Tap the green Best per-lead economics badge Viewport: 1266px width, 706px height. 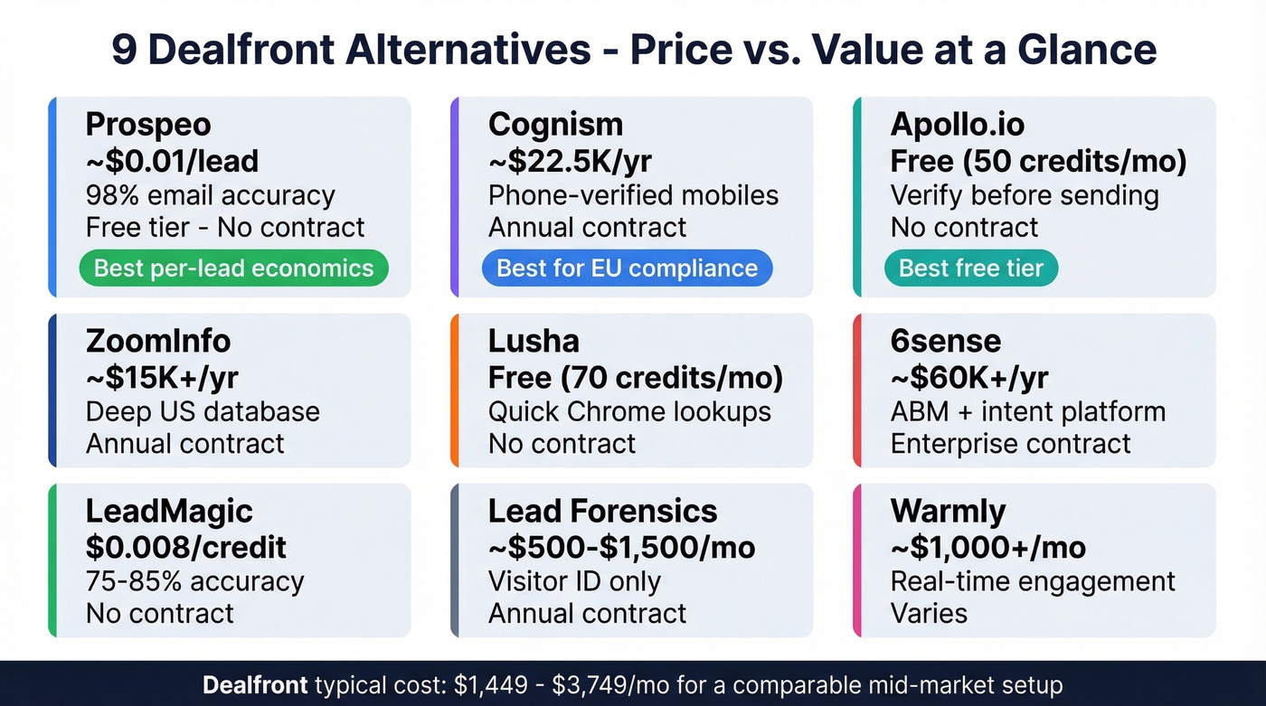pyautogui.click(x=233, y=268)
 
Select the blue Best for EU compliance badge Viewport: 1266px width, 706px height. pyautogui.click(x=627, y=268)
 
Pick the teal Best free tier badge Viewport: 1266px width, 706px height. pyautogui.click(x=971, y=268)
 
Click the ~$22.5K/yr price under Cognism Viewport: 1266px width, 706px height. pyautogui.click(x=570, y=161)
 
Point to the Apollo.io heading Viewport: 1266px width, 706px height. pyautogui.click(x=959, y=125)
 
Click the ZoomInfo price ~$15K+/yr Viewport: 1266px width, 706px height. pyautogui.click(x=162, y=378)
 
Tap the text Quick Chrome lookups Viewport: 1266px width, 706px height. pyautogui.click(x=629, y=412)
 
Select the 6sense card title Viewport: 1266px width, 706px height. pyautogui.click(x=946, y=342)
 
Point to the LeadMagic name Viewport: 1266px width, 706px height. pyautogui.click(x=169, y=512)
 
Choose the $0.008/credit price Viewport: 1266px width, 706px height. pyautogui.click(x=185, y=547)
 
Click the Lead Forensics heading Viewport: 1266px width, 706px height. pyautogui.click(x=602, y=512)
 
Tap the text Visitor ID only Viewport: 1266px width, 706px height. pyautogui.click(x=574, y=581)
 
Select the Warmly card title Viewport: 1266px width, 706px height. pyautogui.click(x=948, y=512)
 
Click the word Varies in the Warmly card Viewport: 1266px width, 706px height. pyautogui.click(x=929, y=614)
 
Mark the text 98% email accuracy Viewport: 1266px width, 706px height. pyautogui.click(x=210, y=195)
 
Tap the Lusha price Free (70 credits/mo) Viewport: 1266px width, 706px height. pyautogui.click(x=635, y=378)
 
